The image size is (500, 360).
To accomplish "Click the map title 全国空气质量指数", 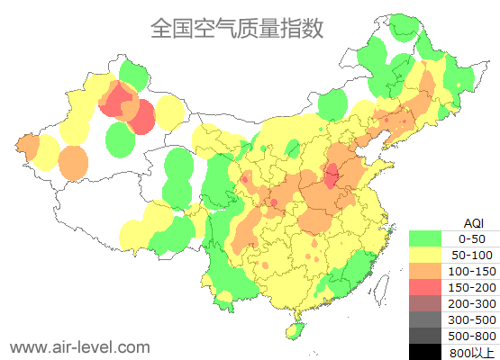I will [x=236, y=28].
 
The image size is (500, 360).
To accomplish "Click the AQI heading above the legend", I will [x=472, y=222].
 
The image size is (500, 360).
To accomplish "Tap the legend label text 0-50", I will [x=472, y=238].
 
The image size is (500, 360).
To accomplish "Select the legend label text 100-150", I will [x=472, y=271].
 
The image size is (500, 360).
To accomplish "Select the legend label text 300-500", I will [x=472, y=319].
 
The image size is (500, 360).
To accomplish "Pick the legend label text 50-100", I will [x=472, y=255].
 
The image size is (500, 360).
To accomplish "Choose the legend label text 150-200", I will [x=472, y=287].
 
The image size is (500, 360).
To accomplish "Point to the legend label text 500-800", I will [x=472, y=336].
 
